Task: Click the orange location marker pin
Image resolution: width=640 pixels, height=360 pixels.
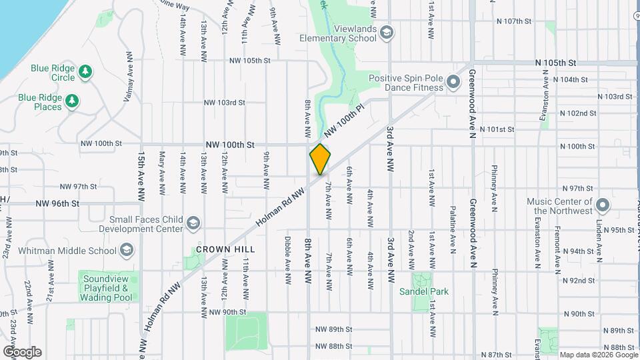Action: pos(320,159)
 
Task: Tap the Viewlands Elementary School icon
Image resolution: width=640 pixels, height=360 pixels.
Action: pos(387,33)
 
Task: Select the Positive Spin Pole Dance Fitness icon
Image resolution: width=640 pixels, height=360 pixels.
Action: pos(453,83)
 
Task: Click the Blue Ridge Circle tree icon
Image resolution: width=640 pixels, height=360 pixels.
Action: pos(85,71)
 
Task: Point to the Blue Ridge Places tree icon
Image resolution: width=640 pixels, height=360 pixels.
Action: pos(72,101)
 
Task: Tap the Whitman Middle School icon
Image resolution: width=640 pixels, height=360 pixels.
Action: pos(127,250)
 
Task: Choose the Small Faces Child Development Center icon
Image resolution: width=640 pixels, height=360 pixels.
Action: pos(193,223)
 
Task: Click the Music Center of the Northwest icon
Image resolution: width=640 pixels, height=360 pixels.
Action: pos(603,205)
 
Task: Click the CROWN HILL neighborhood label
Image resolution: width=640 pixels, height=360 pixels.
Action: pos(217,249)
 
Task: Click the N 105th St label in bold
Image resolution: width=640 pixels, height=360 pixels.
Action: pos(555,63)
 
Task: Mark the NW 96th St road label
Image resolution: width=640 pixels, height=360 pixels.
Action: pos(57,203)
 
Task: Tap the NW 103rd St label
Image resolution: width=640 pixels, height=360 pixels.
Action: pos(225,103)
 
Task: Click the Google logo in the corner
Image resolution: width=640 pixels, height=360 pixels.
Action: pos(22,352)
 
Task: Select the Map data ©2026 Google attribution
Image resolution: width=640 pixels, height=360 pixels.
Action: pos(597,355)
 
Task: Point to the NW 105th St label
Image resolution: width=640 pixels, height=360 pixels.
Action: pos(249,60)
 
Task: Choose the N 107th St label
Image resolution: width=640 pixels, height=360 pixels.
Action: pos(513,21)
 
